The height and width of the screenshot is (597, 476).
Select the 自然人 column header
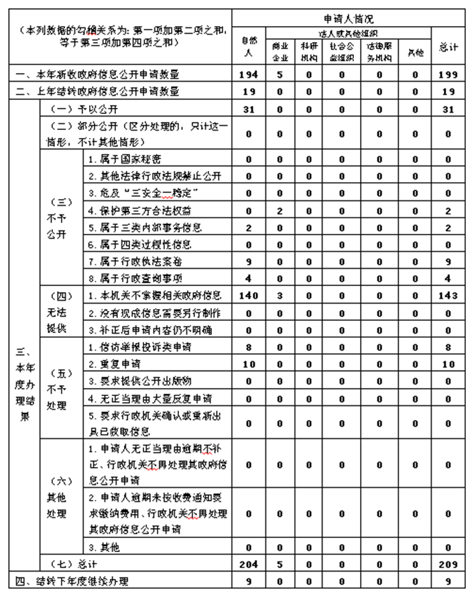pyautogui.click(x=248, y=46)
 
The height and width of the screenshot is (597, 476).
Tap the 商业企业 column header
pyautogui.click(x=280, y=51)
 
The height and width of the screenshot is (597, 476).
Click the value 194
pyautogui.click(x=248, y=74)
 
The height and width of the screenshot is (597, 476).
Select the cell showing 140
pyautogui.click(x=248, y=295)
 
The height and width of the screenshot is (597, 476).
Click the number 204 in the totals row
pyautogui.click(x=248, y=564)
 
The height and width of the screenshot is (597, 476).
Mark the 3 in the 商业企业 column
pyautogui.click(x=280, y=295)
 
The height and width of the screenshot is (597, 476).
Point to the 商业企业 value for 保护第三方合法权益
pyautogui.click(x=280, y=211)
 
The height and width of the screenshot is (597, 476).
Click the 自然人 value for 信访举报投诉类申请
pyautogui.click(x=248, y=347)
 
